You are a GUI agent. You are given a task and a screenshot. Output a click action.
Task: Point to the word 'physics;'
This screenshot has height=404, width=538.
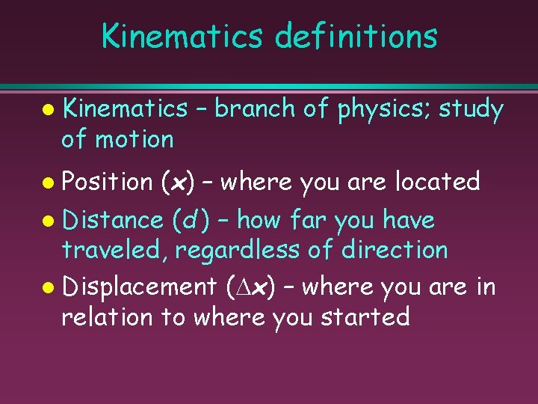click(384, 109)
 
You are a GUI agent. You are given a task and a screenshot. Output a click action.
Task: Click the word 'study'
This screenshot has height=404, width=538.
click(471, 109)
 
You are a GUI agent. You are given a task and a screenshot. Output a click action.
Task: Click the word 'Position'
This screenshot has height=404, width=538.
click(108, 181)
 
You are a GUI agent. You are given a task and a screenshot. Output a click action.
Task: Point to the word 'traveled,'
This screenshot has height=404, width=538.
click(114, 250)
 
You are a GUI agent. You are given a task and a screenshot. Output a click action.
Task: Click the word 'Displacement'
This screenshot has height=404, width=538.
click(139, 287)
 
